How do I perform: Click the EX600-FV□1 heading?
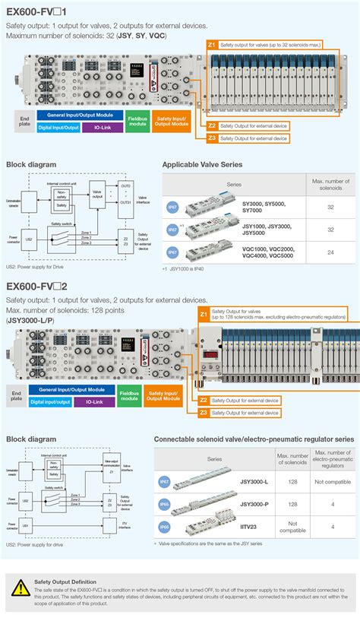click(x=36, y=12)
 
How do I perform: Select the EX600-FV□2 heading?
click(x=37, y=286)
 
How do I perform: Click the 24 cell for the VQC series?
click(x=330, y=252)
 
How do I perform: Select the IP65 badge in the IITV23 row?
click(x=164, y=527)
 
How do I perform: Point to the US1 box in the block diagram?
click(x=25, y=525)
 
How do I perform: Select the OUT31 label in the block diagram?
click(x=125, y=201)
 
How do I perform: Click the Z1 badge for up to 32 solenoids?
click(x=212, y=46)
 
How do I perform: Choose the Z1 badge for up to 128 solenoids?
click(x=203, y=313)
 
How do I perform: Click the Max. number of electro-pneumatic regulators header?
click(x=332, y=459)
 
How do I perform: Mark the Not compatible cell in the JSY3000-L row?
click(x=332, y=482)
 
